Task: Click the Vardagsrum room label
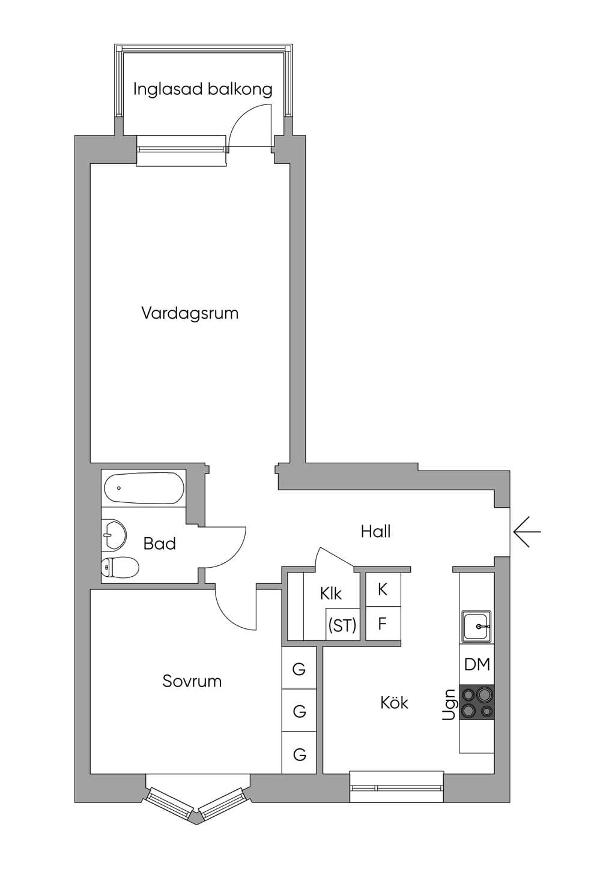tap(190, 313)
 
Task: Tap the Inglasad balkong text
tap(202, 89)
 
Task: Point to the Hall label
tap(375, 531)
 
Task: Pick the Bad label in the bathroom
tap(160, 544)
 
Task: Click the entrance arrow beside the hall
tap(527, 531)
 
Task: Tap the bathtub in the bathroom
tap(144, 488)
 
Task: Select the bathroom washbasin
tap(114, 535)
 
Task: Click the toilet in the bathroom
tap(120, 568)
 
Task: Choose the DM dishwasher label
tap(477, 664)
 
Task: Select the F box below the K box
tap(383, 624)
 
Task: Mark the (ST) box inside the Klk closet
tap(342, 625)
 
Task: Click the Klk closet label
tap(331, 594)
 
